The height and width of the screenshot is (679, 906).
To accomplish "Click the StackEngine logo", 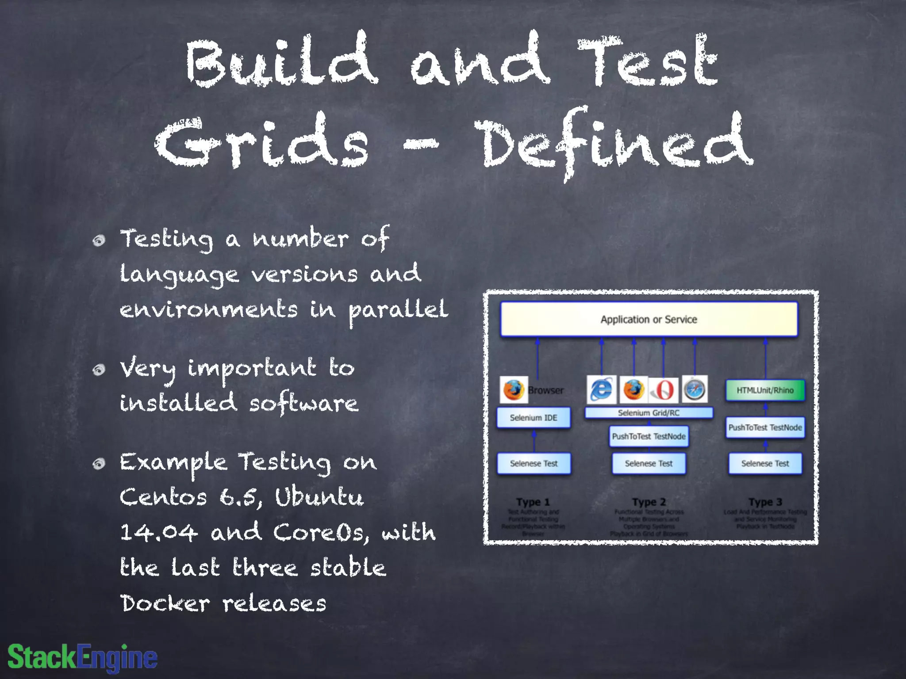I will [83, 657].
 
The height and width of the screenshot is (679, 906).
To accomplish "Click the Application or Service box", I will [649, 319].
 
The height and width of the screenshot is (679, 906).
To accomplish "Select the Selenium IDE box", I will [534, 418].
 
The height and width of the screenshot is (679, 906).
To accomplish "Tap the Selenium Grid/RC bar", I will [649, 413].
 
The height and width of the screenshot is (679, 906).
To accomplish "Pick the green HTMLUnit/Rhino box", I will [765, 390].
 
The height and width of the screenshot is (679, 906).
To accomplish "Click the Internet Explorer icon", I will [601, 389].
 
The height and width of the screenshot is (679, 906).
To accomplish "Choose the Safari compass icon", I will [695, 389].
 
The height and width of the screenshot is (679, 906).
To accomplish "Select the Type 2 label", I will [649, 502].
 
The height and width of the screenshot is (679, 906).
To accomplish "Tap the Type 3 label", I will [765, 502].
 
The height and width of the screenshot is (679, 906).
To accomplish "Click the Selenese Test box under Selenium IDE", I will [534, 463].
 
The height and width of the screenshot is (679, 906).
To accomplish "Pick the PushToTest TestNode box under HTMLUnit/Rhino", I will [765, 427].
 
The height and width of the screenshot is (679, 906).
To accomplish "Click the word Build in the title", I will [282, 60].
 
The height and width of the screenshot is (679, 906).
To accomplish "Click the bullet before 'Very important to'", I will [99, 370].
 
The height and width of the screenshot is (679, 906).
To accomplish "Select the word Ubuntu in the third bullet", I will [319, 496].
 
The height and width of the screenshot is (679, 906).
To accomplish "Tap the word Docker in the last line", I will [165, 603].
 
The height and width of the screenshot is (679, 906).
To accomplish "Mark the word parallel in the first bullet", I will [398, 309].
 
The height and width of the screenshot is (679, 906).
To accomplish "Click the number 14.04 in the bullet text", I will [159, 532].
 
